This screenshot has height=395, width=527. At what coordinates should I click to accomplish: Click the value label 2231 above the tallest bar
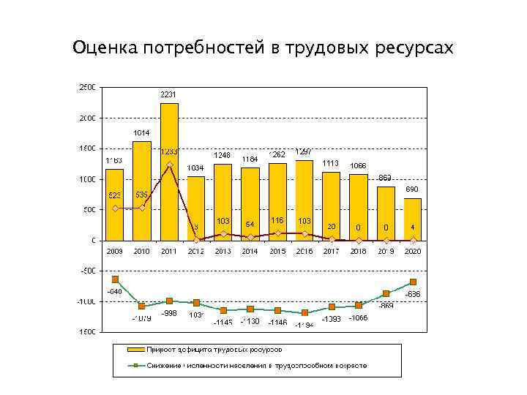coord(168,94)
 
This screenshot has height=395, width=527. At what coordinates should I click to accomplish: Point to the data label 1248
coord(223,155)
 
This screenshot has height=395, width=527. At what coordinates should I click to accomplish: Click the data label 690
coord(413,189)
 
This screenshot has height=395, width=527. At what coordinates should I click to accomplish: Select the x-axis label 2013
coord(223,251)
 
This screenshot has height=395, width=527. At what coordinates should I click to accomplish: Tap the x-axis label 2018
coord(359,251)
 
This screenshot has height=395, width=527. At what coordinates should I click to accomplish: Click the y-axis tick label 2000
coord(86,118)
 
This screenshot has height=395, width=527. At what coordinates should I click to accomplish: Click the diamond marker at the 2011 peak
coord(169,165)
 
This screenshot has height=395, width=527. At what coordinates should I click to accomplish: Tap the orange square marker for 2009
coord(115,279)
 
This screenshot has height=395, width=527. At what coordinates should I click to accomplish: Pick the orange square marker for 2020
coord(413,282)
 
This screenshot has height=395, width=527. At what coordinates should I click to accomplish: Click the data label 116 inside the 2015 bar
coord(277,220)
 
